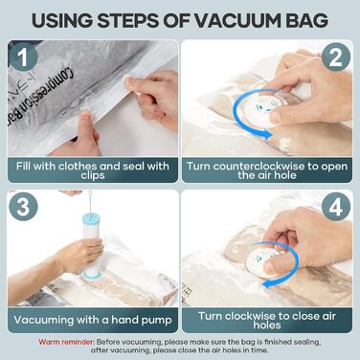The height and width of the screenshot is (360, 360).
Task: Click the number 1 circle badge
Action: coord(23,57)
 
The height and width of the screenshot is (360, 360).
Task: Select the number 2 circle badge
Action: coord(336,57)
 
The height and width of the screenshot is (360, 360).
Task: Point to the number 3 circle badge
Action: coord(23,207)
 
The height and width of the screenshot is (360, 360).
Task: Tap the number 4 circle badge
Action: coord(336,207)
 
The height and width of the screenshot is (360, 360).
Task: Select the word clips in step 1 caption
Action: coord(93,175)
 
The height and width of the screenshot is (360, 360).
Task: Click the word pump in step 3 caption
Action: coord(157,320)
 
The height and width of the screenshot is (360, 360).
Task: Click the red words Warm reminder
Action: coord(66,342)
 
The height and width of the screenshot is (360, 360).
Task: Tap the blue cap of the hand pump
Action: coord(91,219)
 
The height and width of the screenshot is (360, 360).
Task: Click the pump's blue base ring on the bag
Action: coord(91,274)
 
